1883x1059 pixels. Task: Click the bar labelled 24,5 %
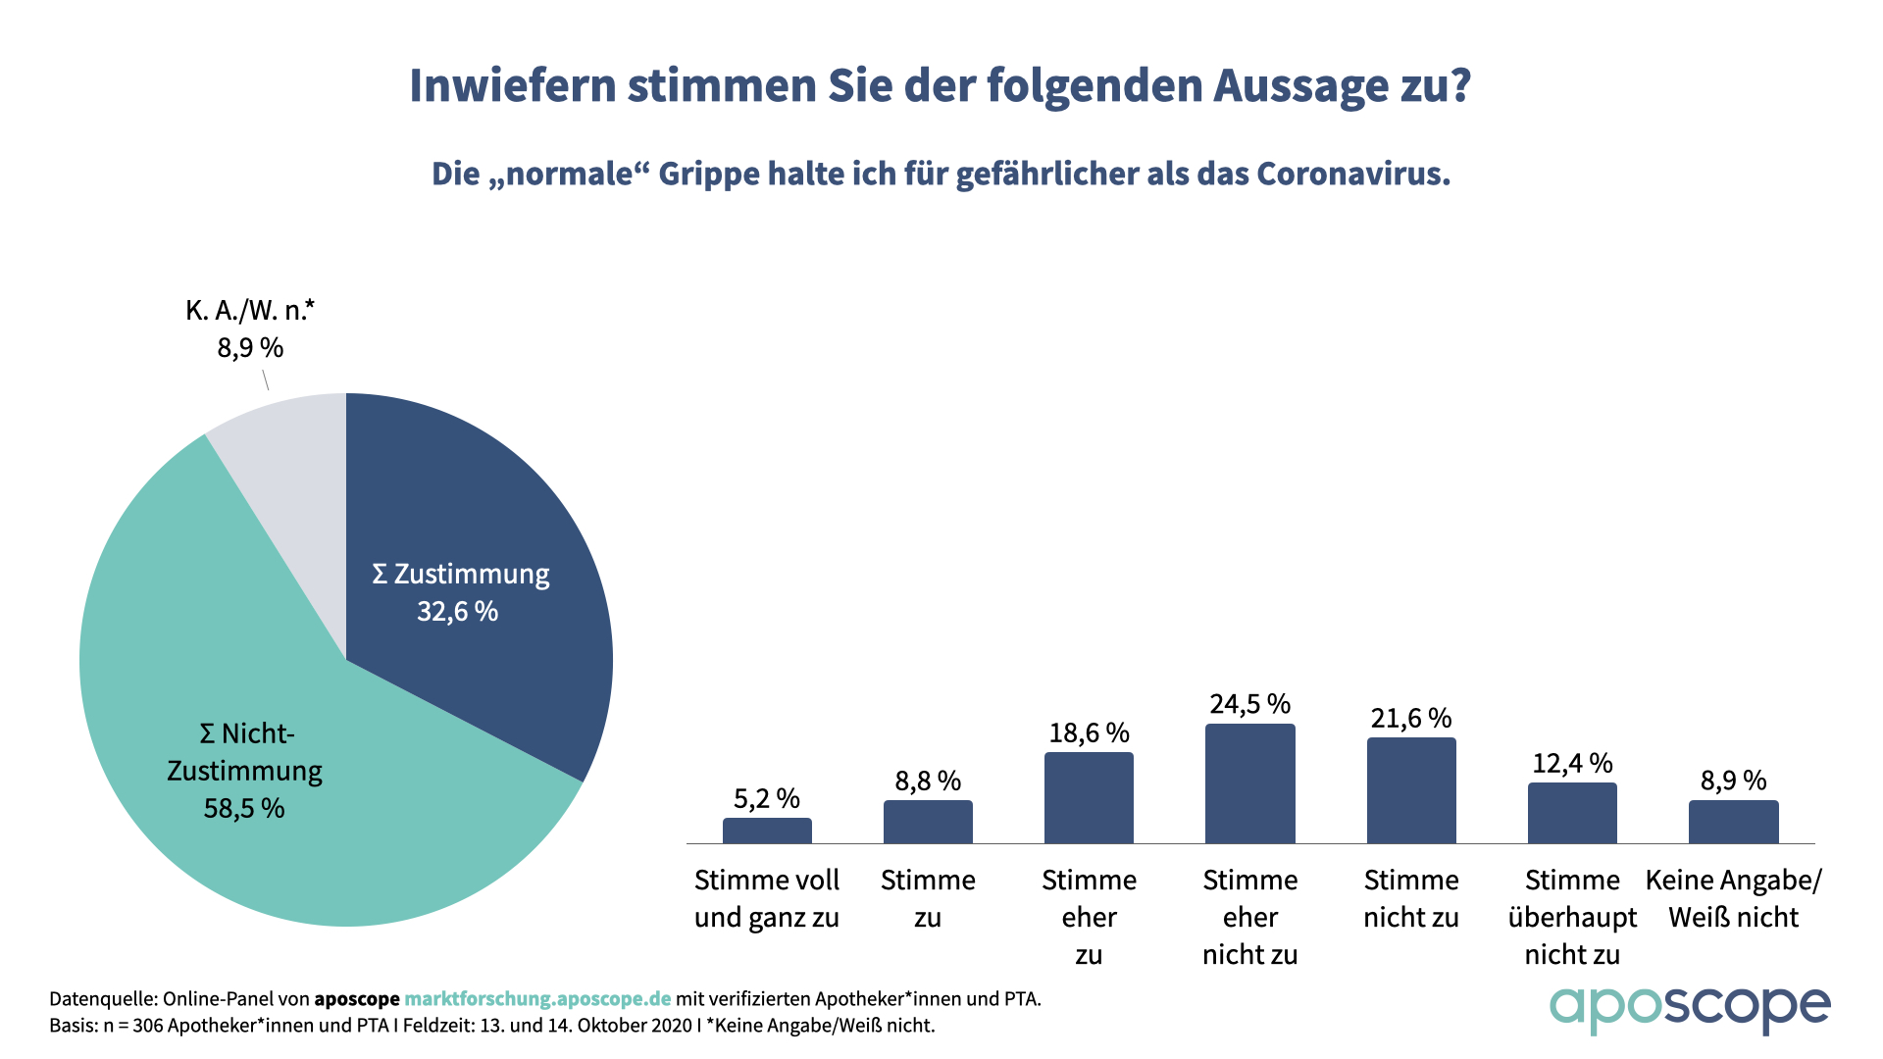pos(1249,783)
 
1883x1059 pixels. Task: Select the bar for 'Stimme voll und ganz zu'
pos(767,831)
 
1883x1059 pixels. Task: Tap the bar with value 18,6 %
pos(1089,797)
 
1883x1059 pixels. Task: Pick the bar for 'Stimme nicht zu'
pos(1411,790)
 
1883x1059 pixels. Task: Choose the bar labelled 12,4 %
pos(1572,813)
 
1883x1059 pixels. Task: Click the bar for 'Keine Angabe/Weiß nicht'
pos(1733,822)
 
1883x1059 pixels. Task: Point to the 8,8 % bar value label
pos(928,781)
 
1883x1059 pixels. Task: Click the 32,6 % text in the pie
pos(457,612)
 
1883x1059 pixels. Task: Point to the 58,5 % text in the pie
pos(244,809)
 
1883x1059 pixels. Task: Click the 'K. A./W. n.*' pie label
pos(250,311)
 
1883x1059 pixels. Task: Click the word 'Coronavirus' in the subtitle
pos(1353,174)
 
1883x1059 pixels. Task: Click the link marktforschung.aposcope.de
pos(537,999)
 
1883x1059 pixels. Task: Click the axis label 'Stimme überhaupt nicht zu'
pos(1572,917)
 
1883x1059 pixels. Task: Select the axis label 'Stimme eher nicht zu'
pos(1249,917)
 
